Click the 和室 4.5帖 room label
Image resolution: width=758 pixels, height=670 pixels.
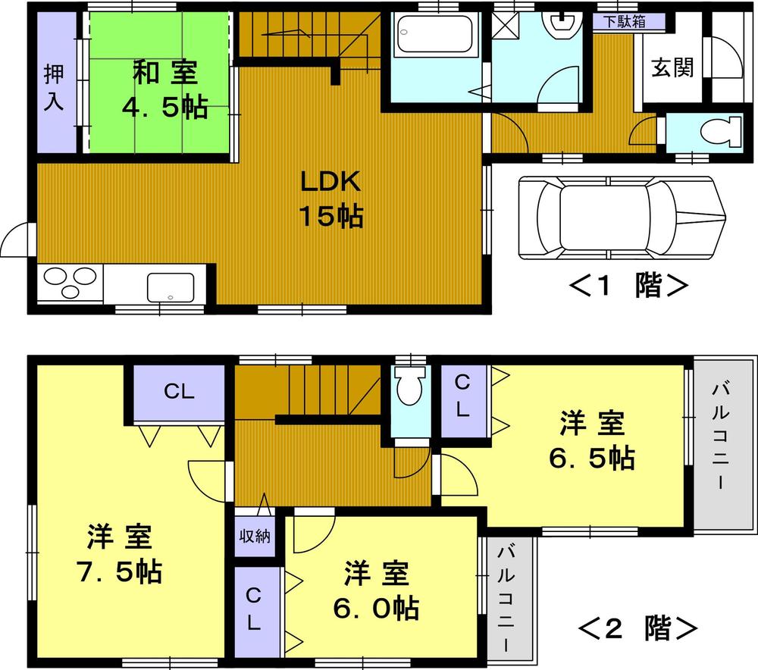click(x=164, y=91)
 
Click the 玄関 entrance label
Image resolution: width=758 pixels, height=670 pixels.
click(x=672, y=69)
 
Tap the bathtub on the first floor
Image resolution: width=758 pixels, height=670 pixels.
click(x=436, y=34)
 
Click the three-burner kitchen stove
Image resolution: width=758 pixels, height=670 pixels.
click(x=70, y=284)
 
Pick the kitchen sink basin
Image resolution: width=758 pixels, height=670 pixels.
click(x=170, y=286)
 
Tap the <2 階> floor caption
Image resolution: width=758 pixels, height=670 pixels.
click(x=637, y=628)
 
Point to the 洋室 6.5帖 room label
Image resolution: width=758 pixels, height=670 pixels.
click(x=592, y=440)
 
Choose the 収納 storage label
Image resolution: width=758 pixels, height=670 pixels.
click(x=253, y=536)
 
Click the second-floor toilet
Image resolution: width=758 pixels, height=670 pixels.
click(x=410, y=390)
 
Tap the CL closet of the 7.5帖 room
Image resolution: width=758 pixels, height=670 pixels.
click(x=180, y=392)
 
